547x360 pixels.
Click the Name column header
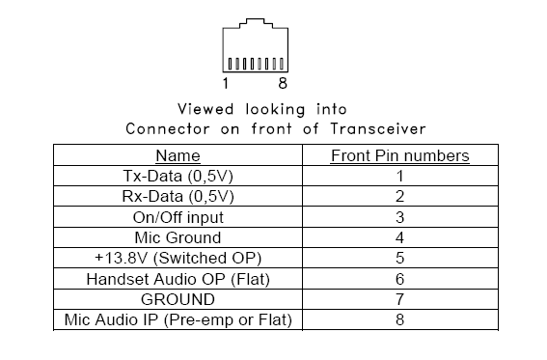[178, 155]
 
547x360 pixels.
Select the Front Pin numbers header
[399, 155]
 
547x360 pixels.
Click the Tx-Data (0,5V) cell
[178, 176]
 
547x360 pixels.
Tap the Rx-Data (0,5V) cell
[178, 196]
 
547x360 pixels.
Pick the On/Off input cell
[178, 216]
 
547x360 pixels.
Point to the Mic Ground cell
[178, 236]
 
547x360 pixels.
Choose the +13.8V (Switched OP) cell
[178, 258]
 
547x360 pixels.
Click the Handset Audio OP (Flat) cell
[178, 278]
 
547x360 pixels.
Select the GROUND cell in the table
[178, 298]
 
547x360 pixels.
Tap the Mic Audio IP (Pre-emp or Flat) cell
[178, 318]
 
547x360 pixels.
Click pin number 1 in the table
[399, 176]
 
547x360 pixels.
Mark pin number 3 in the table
[399, 216]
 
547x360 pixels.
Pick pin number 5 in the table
[399, 258]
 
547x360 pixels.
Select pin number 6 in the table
[399, 278]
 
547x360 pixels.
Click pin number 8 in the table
[399, 318]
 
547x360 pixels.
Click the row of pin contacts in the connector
[254, 65]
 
